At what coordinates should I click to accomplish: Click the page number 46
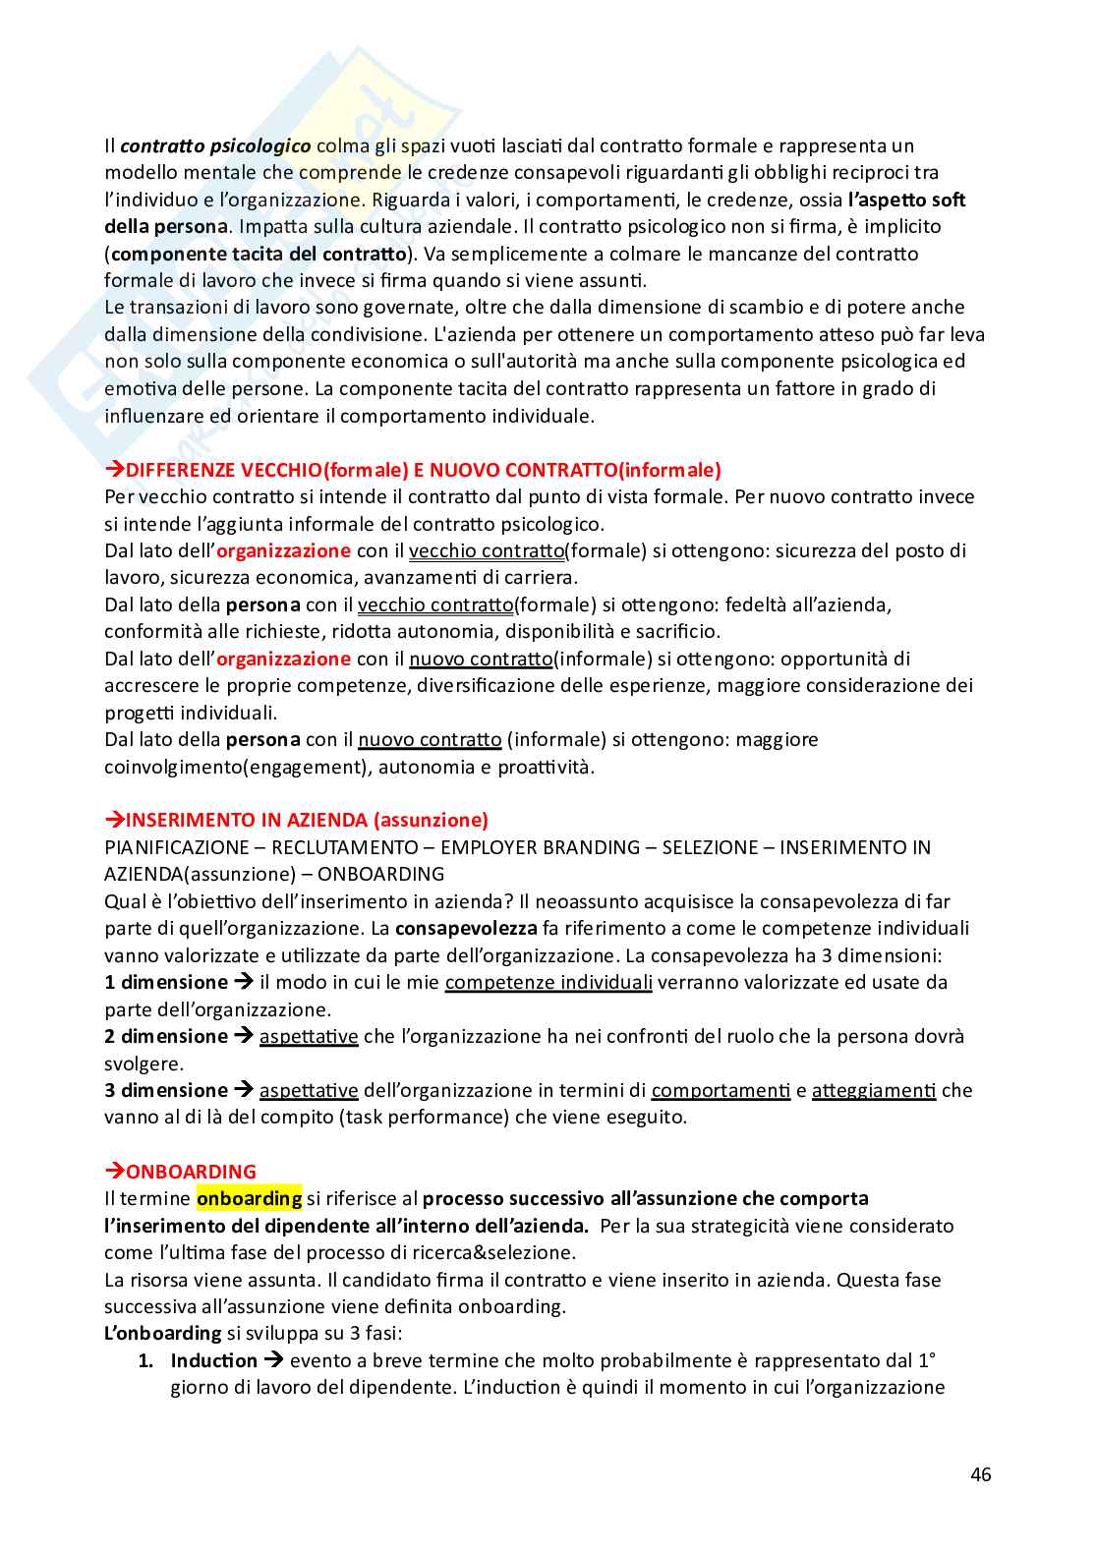tap(980, 1474)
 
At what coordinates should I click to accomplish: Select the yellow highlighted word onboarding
tap(250, 1198)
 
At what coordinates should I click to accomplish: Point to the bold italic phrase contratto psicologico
tap(215, 146)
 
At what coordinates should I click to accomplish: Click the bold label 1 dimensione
tap(166, 982)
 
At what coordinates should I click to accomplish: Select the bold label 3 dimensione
tap(166, 1090)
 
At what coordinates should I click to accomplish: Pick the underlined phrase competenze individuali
tap(548, 982)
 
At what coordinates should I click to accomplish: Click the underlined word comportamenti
tap(721, 1090)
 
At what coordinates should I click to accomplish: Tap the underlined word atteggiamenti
tap(874, 1090)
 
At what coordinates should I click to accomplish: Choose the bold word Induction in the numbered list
tap(213, 1360)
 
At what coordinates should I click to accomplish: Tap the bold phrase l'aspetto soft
tap(906, 200)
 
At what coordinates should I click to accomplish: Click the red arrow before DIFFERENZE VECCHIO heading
tap(114, 470)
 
